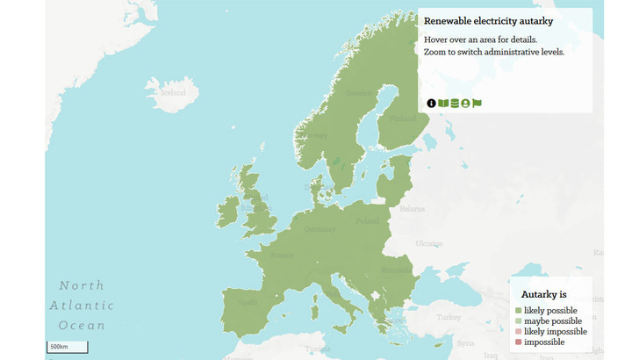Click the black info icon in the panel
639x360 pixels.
point(432,104)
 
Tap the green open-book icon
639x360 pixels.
point(443,104)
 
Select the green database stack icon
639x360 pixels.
point(454,104)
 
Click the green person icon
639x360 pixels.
point(465,104)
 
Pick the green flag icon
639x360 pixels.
point(477,104)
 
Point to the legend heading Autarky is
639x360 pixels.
point(544,294)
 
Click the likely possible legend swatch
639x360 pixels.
point(519,311)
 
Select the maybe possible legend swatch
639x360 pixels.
point(519,321)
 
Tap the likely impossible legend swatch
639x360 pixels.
point(519,332)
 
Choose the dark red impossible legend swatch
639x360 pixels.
point(519,342)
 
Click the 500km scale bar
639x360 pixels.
point(68,347)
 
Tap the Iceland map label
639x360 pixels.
point(173,91)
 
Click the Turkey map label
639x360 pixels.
point(449,317)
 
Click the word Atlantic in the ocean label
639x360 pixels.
point(82,306)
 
